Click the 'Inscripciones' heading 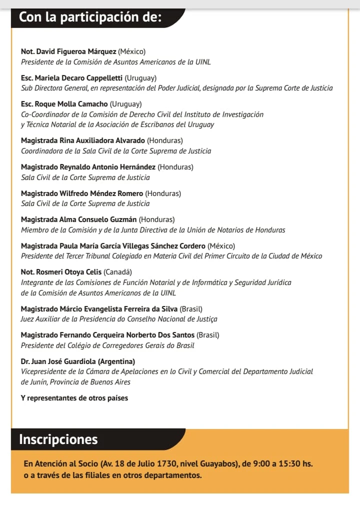tap(58, 439)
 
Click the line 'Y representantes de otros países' tap(74, 398)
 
